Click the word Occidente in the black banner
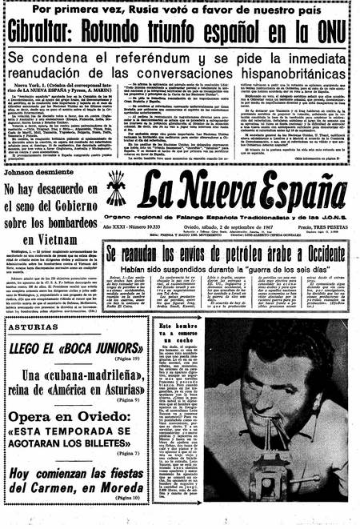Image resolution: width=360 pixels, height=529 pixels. [x=315, y=254]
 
